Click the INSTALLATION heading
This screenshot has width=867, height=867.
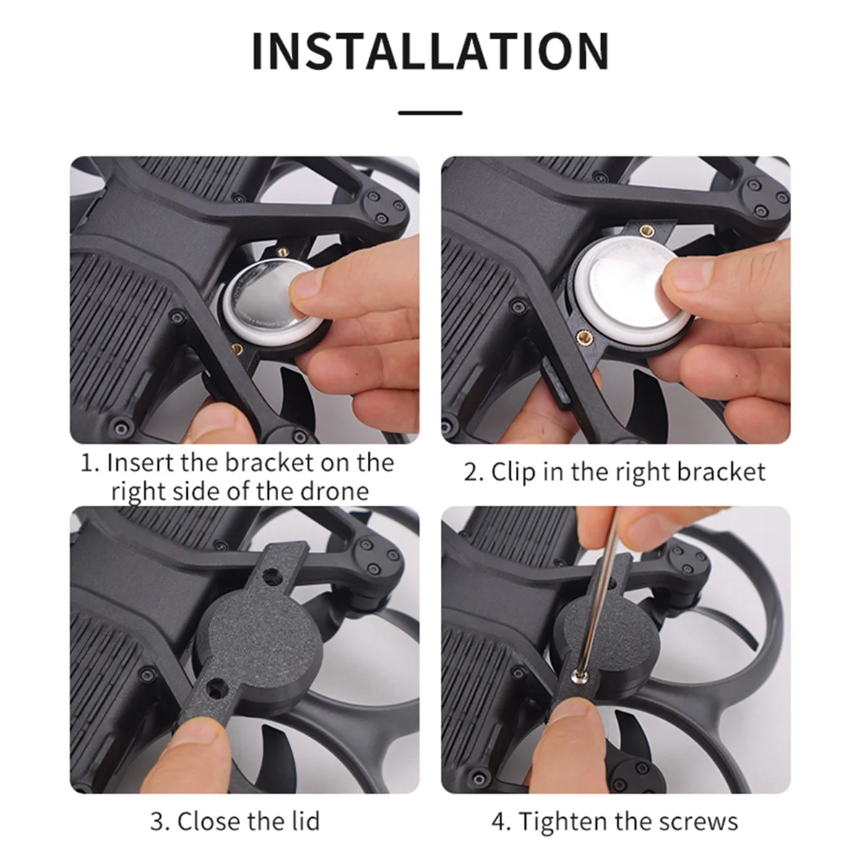pos(431,51)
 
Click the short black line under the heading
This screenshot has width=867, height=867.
pos(430,113)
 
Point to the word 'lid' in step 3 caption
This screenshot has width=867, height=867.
pos(303,821)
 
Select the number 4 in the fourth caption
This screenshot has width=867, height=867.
pos(499,821)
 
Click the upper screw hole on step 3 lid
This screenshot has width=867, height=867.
pos(273,576)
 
